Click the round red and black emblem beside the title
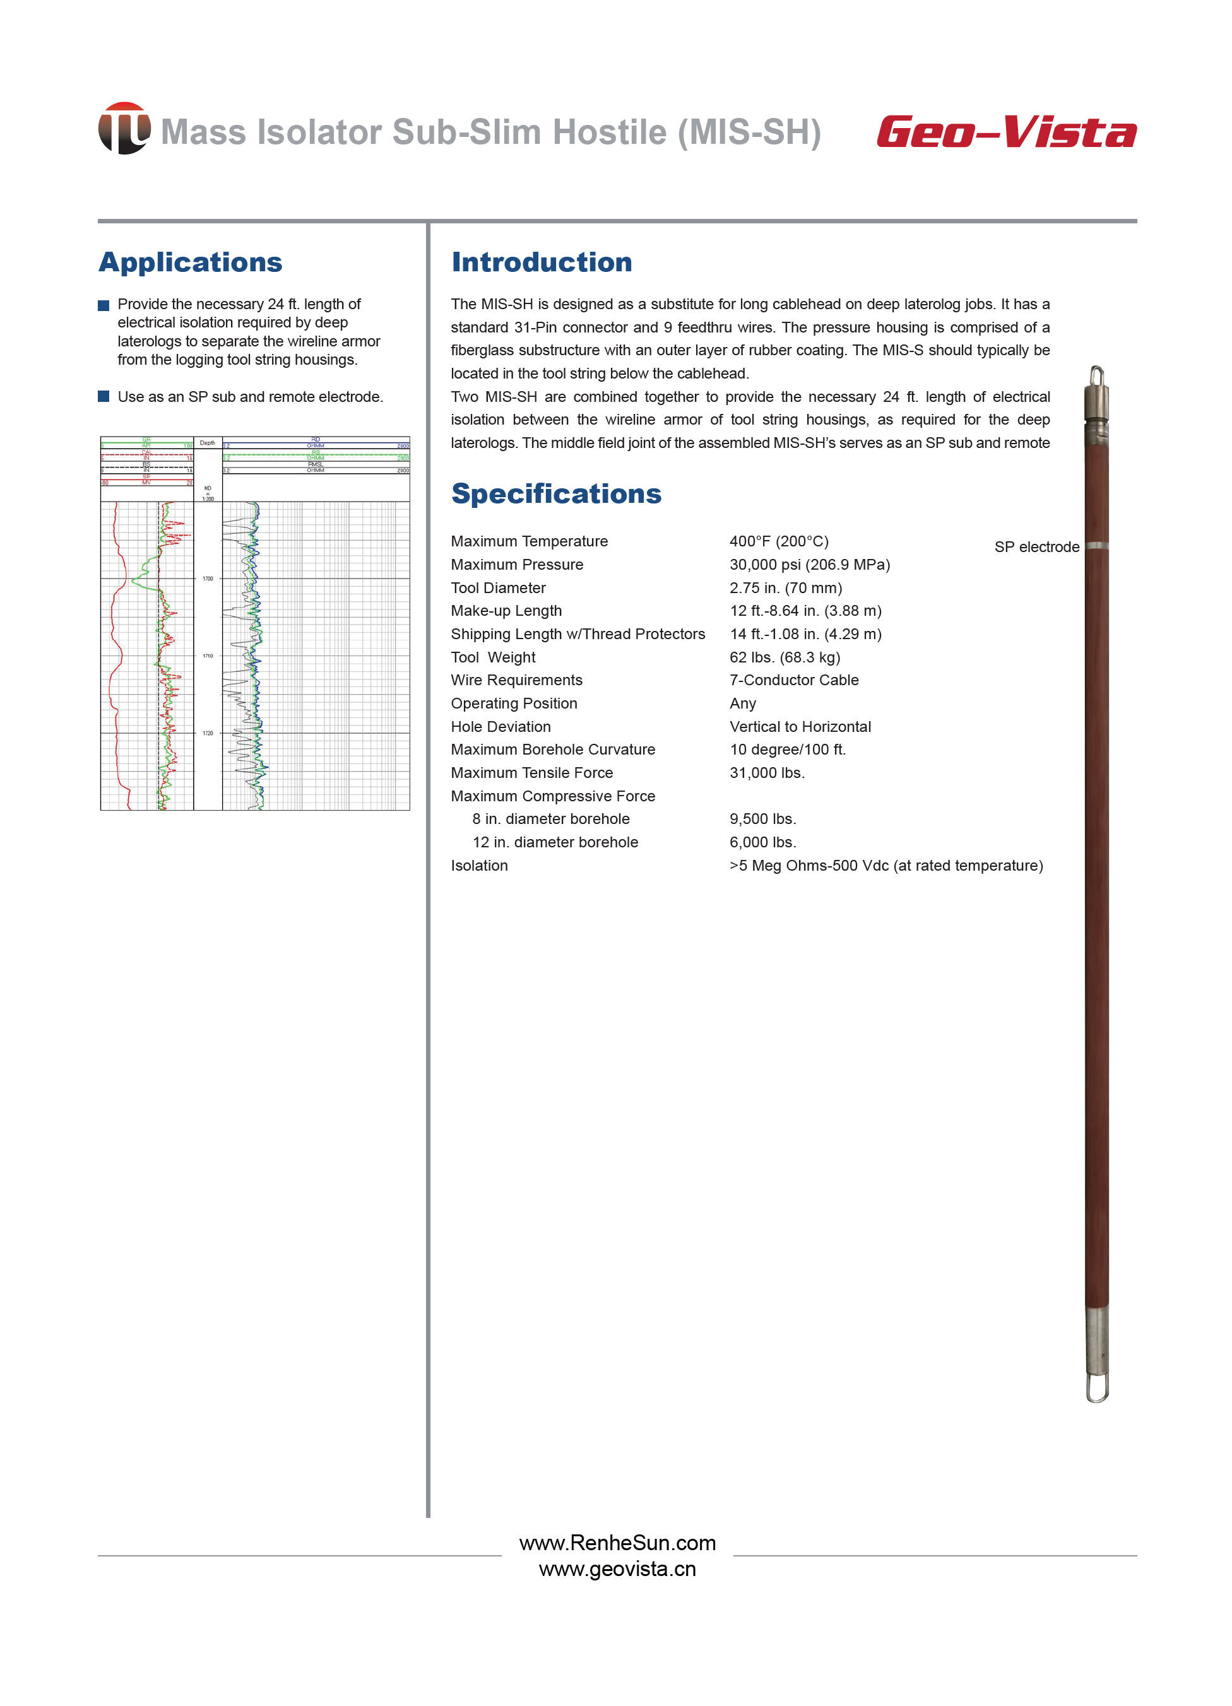[x=124, y=129]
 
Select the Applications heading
[x=191, y=262]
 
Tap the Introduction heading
[x=541, y=262]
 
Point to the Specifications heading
[x=556, y=493]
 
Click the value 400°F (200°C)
[x=778, y=541]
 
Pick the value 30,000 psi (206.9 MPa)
[x=809, y=565]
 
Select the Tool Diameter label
[x=498, y=588]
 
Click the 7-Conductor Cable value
[x=793, y=680]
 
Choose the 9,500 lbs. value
[x=762, y=819]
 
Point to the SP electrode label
[x=1036, y=547]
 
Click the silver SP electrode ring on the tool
[x=1096, y=545]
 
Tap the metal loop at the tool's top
[x=1096, y=375]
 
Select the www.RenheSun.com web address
[x=617, y=1543]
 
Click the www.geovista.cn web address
[x=617, y=1569]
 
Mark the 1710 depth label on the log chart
[x=208, y=656]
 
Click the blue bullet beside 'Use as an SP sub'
[x=104, y=396]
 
